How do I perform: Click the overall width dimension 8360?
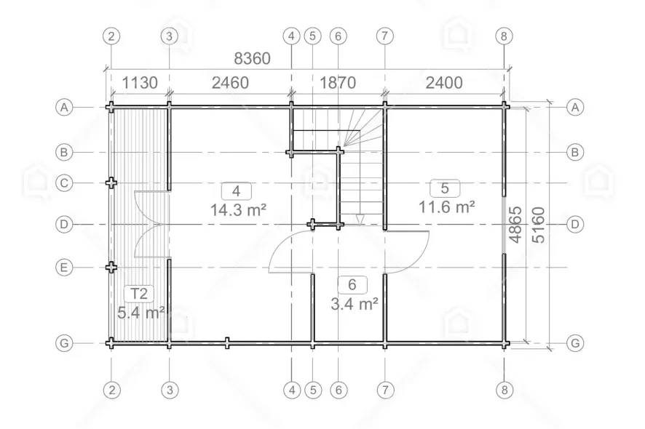point(252,59)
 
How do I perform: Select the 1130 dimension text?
point(140,83)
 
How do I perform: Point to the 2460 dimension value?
point(230,83)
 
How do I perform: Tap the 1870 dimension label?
point(338,83)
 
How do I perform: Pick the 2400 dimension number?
point(444,83)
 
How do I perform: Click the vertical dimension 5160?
point(538,225)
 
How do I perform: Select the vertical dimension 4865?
point(515,225)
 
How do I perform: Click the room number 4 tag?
point(236,191)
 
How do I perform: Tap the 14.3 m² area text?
point(238,210)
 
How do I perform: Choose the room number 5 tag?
point(445,188)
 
